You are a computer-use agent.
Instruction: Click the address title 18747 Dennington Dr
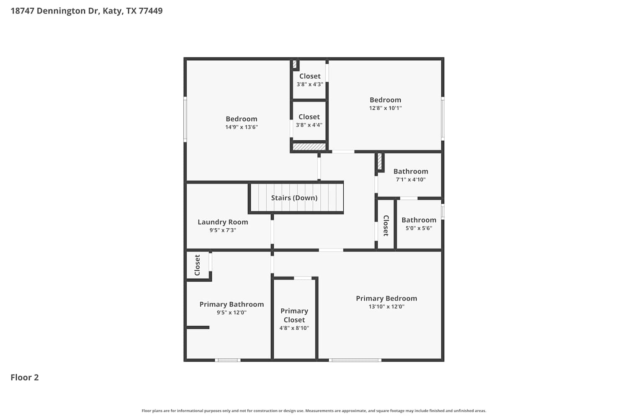[x=55, y=11]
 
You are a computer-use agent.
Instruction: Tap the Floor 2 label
[x=25, y=378]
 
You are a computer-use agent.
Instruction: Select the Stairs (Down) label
[x=294, y=198]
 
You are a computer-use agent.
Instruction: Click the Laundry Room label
[x=223, y=222]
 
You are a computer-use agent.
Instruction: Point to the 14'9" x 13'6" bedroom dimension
[x=242, y=127]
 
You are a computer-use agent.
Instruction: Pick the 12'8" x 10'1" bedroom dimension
[x=386, y=108]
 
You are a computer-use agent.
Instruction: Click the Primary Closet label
[x=294, y=316]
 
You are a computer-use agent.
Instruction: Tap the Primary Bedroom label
[x=386, y=298]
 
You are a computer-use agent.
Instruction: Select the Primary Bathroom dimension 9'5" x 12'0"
[x=232, y=313]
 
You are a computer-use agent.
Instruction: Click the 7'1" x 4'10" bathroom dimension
[x=411, y=180]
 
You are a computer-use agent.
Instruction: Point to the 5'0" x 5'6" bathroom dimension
[x=419, y=228]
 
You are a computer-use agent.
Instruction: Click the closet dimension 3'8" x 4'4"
[x=309, y=125]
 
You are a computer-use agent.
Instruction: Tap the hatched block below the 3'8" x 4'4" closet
[x=309, y=147]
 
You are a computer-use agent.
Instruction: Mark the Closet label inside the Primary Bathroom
[x=197, y=265]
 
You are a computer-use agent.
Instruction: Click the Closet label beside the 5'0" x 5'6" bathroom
[x=386, y=226]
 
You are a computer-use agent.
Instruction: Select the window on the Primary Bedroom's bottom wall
[x=355, y=360]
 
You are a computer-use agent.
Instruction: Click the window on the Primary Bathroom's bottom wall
[x=228, y=360]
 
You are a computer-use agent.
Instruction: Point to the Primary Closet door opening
[x=303, y=278]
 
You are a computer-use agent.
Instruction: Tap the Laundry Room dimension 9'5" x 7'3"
[x=223, y=230]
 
